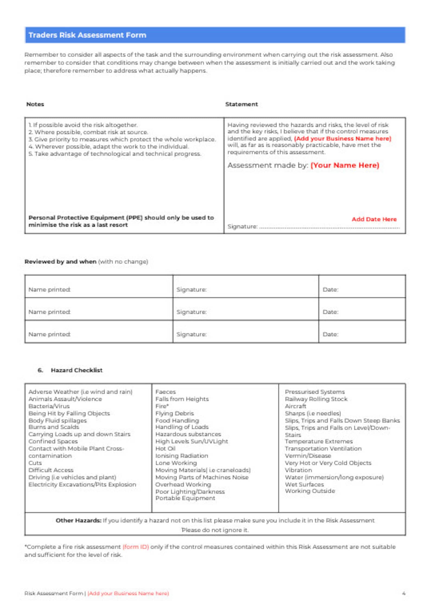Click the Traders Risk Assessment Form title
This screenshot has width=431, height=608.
[x=87, y=35]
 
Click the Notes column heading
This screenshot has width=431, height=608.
[x=35, y=104]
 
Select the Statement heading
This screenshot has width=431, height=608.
[x=241, y=104]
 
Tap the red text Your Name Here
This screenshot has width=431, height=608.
[x=344, y=165]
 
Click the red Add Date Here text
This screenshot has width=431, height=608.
[x=374, y=219]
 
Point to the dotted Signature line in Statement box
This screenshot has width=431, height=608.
[x=329, y=228]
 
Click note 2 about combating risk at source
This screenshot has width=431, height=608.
[x=91, y=132]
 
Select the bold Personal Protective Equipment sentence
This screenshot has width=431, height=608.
[x=121, y=221]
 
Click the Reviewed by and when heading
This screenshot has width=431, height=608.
[x=60, y=261]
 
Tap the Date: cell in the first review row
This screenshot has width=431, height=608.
[x=330, y=290]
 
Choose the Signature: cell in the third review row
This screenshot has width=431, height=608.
[x=191, y=334]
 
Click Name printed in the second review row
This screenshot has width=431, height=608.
[x=49, y=312]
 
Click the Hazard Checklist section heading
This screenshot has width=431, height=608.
[x=77, y=370]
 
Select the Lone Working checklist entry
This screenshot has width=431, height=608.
[x=176, y=463]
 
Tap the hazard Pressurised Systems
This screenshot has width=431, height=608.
[x=315, y=392]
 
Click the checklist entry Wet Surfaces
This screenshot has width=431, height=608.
[x=304, y=484]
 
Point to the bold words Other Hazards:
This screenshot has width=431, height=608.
[x=78, y=520]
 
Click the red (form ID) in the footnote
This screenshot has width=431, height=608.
[x=136, y=547]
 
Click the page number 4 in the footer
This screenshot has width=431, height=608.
[x=403, y=593]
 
